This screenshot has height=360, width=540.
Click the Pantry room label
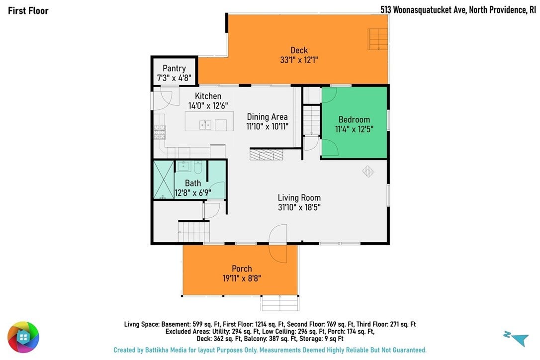pyautogui.click(x=174, y=68)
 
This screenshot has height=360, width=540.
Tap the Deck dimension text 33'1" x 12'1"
pyautogui.click(x=299, y=60)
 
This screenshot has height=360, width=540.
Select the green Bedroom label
pyautogui.click(x=354, y=119)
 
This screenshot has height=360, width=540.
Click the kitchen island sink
pyautogui.click(x=205, y=124)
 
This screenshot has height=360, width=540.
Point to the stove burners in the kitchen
pyautogui.click(x=160, y=132)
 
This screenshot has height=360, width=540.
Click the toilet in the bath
pyautogui.click(x=198, y=168)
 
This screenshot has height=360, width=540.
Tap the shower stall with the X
pyautogui.click(x=164, y=180)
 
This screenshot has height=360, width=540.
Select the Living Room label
pyautogui.click(x=299, y=198)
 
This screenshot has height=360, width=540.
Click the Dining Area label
pyautogui.click(x=267, y=117)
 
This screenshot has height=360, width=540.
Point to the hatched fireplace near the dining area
pyautogui.click(x=266, y=154)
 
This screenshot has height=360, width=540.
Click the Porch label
pyautogui.click(x=242, y=269)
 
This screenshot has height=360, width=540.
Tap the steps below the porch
pyautogui.click(x=279, y=303)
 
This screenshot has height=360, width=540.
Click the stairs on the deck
pyautogui.click(x=378, y=39)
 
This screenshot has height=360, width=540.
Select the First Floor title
pyautogui.click(x=28, y=10)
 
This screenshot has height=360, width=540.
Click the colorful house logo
pyautogui.click(x=23, y=337)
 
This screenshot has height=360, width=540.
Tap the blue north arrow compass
pyautogui.click(x=516, y=338)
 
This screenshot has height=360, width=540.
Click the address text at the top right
pyautogui.click(x=458, y=9)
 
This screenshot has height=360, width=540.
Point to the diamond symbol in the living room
pyautogui.click(x=368, y=171)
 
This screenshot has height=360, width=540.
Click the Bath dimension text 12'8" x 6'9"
pyautogui.click(x=193, y=192)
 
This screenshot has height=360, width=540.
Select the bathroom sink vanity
pyautogui.click(x=183, y=166)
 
